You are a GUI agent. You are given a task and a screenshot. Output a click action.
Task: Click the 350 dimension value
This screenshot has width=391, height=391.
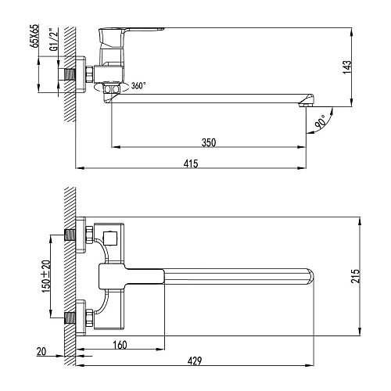click(x=209, y=142)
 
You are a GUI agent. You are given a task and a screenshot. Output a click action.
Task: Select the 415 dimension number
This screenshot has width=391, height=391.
click(x=191, y=163)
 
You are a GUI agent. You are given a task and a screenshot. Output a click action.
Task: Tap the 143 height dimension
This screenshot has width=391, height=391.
click(x=347, y=67)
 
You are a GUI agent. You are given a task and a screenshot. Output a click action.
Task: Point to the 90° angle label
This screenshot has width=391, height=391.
click(x=321, y=121)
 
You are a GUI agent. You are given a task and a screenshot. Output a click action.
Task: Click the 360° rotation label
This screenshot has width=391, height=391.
click(x=138, y=85)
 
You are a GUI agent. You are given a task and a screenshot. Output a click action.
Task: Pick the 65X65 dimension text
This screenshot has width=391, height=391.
click(x=34, y=36)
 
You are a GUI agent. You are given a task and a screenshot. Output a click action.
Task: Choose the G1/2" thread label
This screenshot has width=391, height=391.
click(x=54, y=40)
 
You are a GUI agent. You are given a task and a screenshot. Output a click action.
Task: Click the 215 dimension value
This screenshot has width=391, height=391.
click(x=355, y=276)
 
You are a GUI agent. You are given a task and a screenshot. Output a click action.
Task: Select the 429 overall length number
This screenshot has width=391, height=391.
click(x=195, y=361)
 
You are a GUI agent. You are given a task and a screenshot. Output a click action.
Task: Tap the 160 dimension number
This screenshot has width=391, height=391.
click(x=120, y=345)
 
